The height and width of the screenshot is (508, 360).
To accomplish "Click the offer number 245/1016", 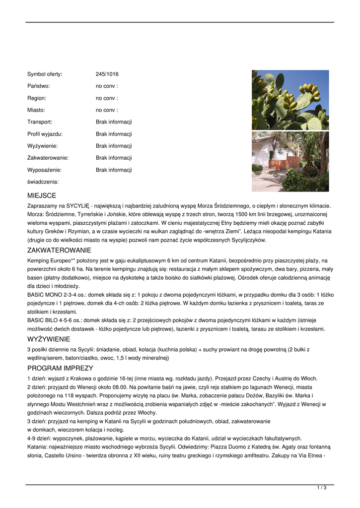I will (107, 74).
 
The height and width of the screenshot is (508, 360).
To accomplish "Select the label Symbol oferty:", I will (45, 74).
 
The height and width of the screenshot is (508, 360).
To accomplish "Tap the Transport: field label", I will (40, 122).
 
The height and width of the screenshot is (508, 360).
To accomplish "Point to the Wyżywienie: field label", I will (42, 146).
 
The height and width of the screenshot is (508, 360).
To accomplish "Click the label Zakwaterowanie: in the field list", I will (48, 158).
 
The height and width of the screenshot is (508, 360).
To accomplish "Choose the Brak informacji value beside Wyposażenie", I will (114, 170).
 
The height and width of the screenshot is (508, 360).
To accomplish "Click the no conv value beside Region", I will (107, 98).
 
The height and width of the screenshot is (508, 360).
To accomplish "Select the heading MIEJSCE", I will (42, 196).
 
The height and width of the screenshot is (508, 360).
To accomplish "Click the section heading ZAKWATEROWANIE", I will (59, 251).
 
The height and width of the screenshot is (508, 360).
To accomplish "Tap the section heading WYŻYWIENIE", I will (49, 339).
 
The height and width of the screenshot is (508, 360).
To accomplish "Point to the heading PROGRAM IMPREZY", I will (60, 368).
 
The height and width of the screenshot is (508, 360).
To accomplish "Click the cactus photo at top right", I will (290, 100).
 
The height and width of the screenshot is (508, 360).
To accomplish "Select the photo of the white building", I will (290, 161).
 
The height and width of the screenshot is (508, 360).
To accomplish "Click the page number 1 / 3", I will (321, 488).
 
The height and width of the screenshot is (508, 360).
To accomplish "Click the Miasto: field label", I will (36, 110).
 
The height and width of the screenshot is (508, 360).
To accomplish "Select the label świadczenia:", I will (43, 182).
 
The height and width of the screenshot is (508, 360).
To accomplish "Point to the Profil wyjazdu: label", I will (45, 134).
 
